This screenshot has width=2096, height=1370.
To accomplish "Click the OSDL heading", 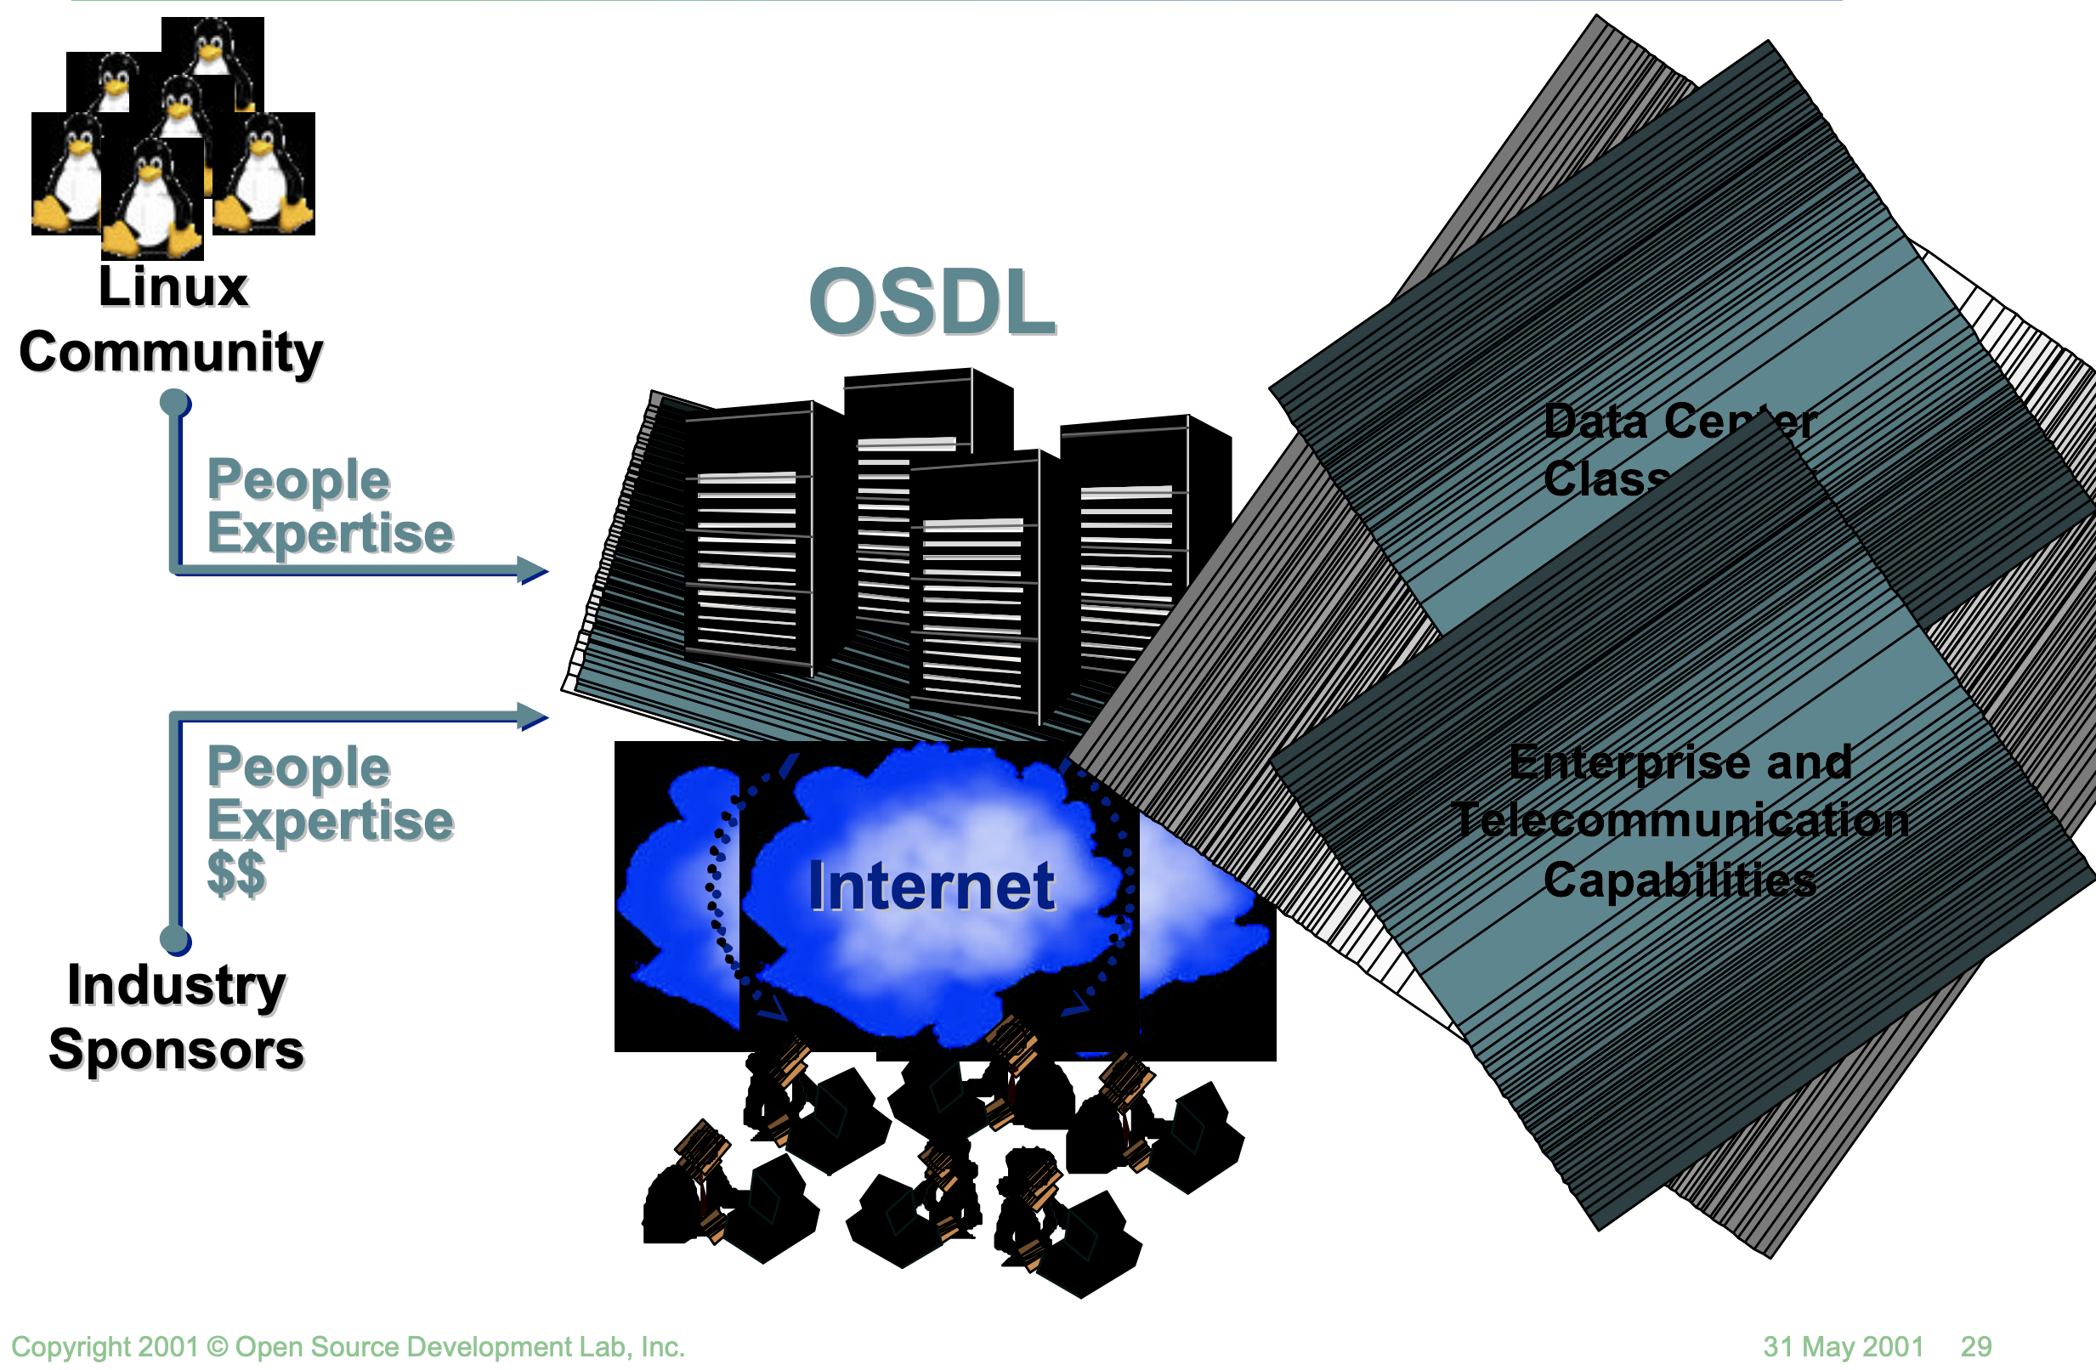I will tap(932, 302).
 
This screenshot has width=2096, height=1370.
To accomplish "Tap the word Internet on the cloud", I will tap(931, 886).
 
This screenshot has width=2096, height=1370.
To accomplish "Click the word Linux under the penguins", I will tap(173, 287).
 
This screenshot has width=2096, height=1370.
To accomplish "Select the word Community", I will tap(171, 352).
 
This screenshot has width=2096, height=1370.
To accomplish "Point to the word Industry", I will tap(176, 984).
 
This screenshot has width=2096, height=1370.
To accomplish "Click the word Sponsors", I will tap(176, 1050).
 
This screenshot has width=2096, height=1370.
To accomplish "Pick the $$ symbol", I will tap(236, 873).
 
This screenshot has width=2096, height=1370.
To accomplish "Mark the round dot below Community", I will tap(175, 403).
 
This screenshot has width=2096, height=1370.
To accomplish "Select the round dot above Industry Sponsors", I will tap(175, 939).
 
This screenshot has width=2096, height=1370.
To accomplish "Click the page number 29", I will tap(1975, 1346).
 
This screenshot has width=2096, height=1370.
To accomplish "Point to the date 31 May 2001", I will tap(1844, 1346).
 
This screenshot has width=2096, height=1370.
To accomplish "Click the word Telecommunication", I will tap(1680, 821).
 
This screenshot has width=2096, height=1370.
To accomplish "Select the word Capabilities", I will tap(1680, 880).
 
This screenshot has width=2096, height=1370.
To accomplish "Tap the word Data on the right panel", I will tap(1594, 421).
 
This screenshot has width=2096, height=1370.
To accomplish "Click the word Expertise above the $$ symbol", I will tap(331, 821).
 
